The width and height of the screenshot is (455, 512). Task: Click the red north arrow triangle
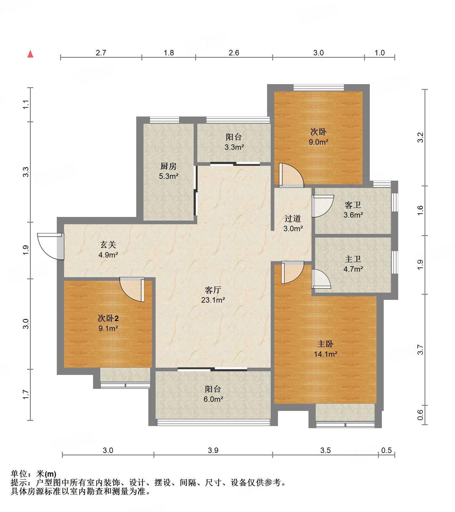(30, 54)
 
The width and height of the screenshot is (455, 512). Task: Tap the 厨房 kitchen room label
(168, 166)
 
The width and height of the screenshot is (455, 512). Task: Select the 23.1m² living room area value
(213, 300)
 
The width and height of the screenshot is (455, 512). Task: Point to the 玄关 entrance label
(108, 245)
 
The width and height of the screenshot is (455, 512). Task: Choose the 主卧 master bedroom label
(325, 344)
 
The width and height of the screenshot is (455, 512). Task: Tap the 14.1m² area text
(325, 354)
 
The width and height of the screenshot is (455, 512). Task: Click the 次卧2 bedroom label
(108, 318)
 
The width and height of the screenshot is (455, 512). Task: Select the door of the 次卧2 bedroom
(132, 289)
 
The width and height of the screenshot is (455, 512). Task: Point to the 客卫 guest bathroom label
(353, 205)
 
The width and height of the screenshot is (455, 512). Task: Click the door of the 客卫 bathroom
(323, 206)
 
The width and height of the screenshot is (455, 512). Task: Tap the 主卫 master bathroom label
(353, 259)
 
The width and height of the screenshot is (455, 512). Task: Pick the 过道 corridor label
(293, 218)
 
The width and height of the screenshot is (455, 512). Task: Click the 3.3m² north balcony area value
(234, 147)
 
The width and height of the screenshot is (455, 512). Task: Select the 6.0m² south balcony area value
(213, 399)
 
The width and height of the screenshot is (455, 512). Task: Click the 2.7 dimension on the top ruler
(101, 53)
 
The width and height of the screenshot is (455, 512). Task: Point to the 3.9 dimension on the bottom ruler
(213, 450)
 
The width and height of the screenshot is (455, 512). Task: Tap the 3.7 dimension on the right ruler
(420, 350)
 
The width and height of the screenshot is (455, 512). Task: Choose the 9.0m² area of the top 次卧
(318, 142)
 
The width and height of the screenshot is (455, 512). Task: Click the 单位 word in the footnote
(19, 474)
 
